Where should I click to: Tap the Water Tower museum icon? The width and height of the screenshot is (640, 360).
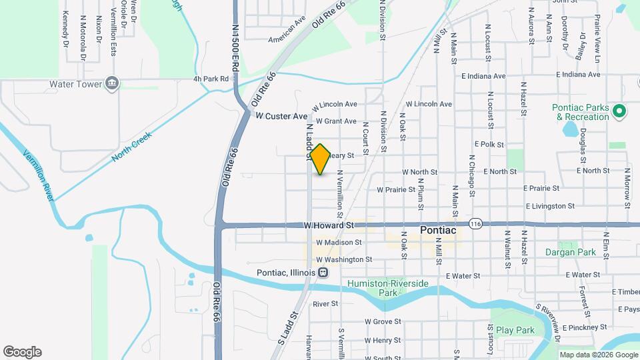click(112, 84)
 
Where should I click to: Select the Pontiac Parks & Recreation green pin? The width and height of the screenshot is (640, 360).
click(619, 111)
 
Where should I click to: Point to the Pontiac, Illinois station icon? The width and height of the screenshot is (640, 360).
click(323, 273)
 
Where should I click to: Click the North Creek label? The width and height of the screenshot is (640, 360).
click(132, 145)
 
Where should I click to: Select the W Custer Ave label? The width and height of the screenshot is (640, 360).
click(282, 116)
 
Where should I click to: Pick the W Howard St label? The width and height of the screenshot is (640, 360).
click(329, 226)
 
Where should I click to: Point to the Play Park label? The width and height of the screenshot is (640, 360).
click(515, 330)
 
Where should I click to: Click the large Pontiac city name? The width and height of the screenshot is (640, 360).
click(438, 231)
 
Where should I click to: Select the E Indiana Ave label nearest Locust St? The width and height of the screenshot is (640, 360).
click(483, 75)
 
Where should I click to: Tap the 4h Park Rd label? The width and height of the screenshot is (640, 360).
click(211, 79)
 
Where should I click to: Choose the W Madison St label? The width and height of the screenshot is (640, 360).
click(339, 243)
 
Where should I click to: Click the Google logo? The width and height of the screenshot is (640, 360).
click(22, 351)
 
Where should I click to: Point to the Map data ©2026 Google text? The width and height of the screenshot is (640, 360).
click(598, 355)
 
